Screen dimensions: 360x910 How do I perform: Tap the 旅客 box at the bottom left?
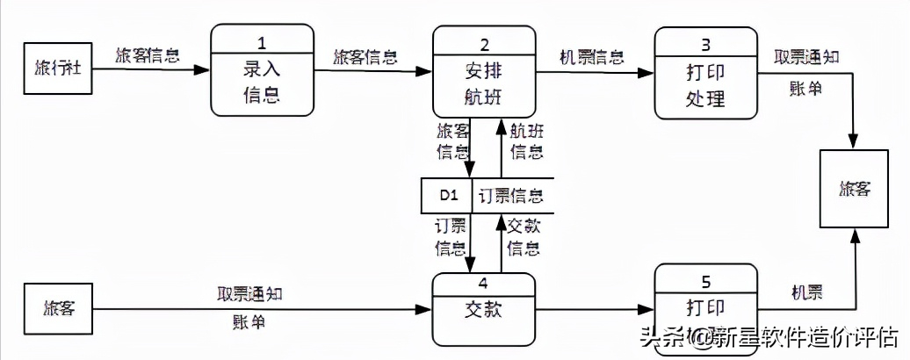pyautogui.click(x=58, y=309)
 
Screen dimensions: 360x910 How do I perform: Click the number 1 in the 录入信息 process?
pyautogui.click(x=262, y=40)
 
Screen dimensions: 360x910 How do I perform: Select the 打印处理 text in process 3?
pyautogui.click(x=704, y=84)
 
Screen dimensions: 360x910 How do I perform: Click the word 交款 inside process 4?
pyautogui.click(x=483, y=310)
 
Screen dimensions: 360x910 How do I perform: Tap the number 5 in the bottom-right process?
pyautogui.click(x=704, y=284)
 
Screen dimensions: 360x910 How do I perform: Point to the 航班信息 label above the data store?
pyautogui.click(x=526, y=141)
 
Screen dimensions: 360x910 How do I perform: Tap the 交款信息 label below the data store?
pyautogui.click(x=524, y=237)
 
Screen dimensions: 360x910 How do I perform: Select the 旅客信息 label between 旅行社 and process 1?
pyautogui.click(x=148, y=57)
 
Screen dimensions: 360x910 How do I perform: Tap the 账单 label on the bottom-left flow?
pyautogui.click(x=245, y=322)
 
